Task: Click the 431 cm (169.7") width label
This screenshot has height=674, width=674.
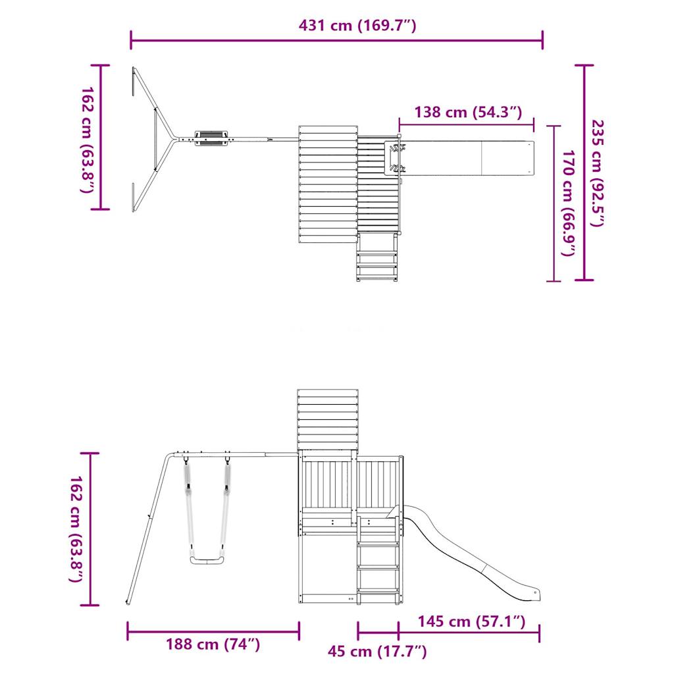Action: pyautogui.click(x=357, y=26)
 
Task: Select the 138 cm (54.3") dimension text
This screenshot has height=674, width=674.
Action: pyautogui.click(x=468, y=112)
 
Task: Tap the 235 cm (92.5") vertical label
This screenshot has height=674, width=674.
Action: pyautogui.click(x=596, y=172)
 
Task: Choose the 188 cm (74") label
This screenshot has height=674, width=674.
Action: pyautogui.click(x=213, y=644)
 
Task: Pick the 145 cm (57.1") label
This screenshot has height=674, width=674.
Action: pyautogui.click(x=471, y=621)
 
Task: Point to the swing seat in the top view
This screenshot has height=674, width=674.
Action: pyautogui.click(x=211, y=138)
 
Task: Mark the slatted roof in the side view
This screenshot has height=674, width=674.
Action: pyautogui.click(x=328, y=419)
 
